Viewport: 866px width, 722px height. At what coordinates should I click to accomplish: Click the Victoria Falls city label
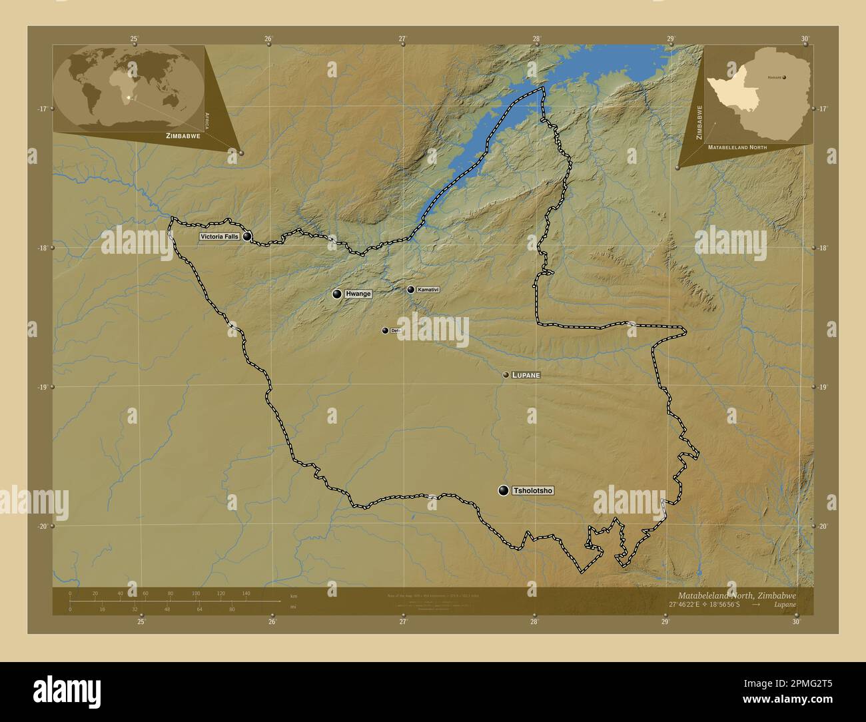219,236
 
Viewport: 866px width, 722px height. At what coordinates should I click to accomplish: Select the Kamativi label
428,290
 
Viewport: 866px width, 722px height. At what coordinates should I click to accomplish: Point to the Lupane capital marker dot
506,376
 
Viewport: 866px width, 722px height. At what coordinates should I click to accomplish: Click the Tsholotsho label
533,491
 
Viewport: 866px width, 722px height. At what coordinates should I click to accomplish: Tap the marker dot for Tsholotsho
504,491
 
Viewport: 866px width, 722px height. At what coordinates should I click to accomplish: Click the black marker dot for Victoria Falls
247,236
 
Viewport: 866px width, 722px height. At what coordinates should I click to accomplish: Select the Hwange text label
358,294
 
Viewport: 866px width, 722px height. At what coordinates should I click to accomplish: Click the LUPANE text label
526,376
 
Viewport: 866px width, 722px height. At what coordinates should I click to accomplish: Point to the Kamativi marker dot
410,290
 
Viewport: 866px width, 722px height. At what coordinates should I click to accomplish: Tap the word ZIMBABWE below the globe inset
179,135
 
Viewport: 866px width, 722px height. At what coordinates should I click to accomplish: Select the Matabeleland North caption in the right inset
737,147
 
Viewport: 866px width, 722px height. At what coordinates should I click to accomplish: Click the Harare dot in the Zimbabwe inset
784,77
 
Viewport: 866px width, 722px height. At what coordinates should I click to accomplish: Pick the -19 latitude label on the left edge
41,387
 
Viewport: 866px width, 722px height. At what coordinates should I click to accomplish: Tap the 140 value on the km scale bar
246,593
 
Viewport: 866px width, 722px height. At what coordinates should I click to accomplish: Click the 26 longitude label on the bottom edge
272,622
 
